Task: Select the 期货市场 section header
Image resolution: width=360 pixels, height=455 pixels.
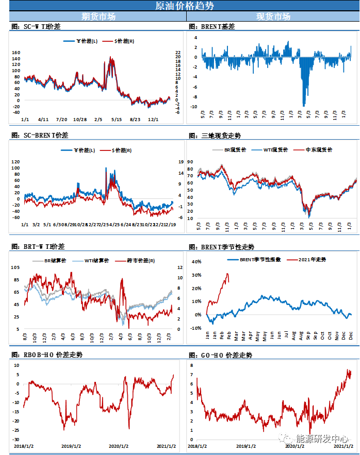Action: (x=99, y=16)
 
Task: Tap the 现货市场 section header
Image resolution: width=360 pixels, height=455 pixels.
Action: (x=273, y=16)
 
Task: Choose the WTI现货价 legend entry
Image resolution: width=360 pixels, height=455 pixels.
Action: (x=277, y=150)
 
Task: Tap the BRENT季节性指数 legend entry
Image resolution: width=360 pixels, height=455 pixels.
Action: (x=258, y=259)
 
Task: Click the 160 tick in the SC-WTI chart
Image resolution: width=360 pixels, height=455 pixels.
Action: (x=15, y=53)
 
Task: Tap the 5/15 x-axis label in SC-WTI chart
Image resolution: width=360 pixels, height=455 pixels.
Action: (x=117, y=119)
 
